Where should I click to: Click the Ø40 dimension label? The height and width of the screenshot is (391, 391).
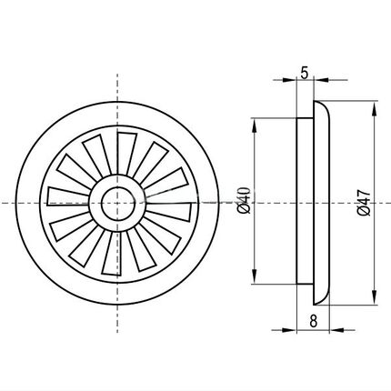point(245,200)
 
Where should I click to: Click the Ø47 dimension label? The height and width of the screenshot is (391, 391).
point(364,202)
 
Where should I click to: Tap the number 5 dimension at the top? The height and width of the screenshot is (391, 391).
point(305,73)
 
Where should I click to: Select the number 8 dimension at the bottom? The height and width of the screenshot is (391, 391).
point(314,321)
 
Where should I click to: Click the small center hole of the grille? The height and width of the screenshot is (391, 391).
point(117,204)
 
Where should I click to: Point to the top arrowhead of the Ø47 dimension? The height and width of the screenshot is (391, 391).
point(375,110)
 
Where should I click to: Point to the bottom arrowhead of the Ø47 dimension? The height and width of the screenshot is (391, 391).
point(375,296)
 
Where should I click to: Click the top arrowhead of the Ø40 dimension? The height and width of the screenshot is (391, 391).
point(255,125)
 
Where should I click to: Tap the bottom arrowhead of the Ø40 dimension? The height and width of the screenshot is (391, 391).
point(255,276)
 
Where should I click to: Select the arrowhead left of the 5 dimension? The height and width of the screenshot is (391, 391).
point(289,80)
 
